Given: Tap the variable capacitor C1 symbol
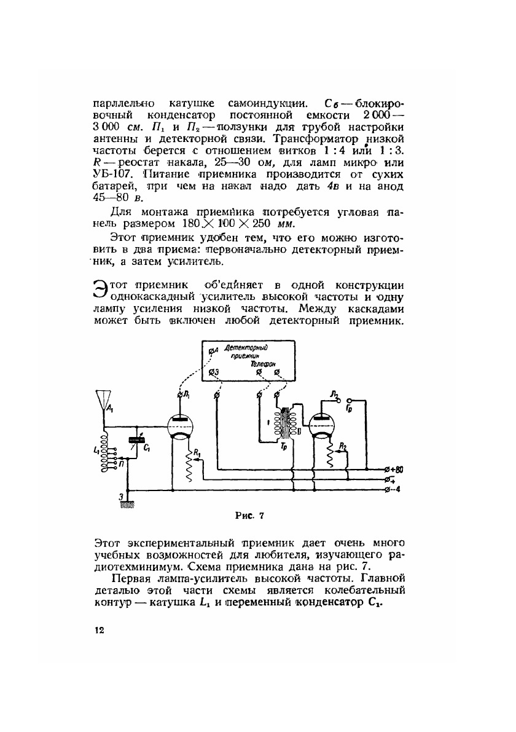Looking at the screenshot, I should (135, 440).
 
